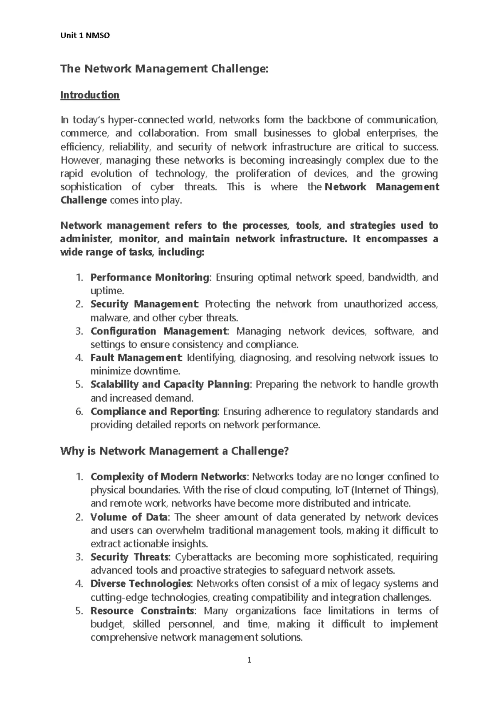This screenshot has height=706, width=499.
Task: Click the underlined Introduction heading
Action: [x=90, y=95]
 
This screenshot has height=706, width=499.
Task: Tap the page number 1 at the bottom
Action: [x=249, y=660]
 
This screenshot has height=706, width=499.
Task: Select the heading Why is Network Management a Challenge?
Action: [x=174, y=451]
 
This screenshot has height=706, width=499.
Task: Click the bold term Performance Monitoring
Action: [x=150, y=277]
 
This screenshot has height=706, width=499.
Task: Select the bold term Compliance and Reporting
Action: [x=154, y=411]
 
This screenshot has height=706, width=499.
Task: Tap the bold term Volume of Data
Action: [x=129, y=517]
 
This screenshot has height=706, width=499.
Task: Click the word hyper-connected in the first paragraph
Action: [x=138, y=120]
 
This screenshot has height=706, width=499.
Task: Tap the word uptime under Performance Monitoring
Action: [x=106, y=291]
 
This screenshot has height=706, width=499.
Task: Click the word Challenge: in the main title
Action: [x=240, y=69]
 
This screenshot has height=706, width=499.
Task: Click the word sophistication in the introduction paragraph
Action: [x=91, y=187]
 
